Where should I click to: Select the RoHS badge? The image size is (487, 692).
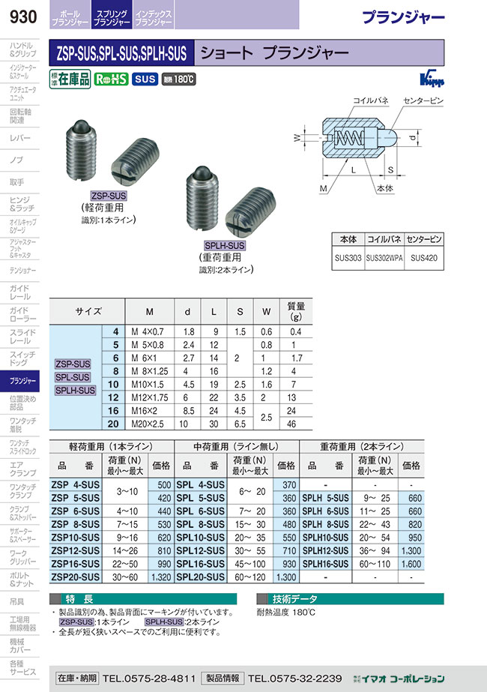click(x=111, y=79)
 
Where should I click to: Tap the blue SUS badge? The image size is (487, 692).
click(x=145, y=79)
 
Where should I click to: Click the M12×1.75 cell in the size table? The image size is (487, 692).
click(x=150, y=397)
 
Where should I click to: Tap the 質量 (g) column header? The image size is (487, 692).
click(x=296, y=311)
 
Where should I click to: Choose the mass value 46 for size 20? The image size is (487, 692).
click(x=296, y=424)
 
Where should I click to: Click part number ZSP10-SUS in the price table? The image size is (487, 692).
click(x=75, y=538)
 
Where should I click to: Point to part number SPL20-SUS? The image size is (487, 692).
click(x=200, y=576)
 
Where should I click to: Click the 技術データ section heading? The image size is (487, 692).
click(x=294, y=598)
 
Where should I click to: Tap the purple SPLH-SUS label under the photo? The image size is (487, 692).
click(x=225, y=245)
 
